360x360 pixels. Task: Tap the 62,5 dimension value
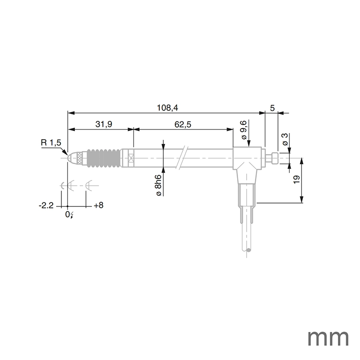(x=183, y=124)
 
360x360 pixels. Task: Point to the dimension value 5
(x=272, y=108)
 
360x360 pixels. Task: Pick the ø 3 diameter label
(x=285, y=140)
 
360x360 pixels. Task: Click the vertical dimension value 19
(x=296, y=180)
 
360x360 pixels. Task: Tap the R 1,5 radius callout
(x=51, y=143)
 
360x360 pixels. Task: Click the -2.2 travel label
(x=46, y=205)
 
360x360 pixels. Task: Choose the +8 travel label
(x=98, y=205)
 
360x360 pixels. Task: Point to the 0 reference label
(x=68, y=215)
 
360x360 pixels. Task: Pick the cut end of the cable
(x=248, y=251)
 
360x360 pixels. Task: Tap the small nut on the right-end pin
(x=274, y=157)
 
